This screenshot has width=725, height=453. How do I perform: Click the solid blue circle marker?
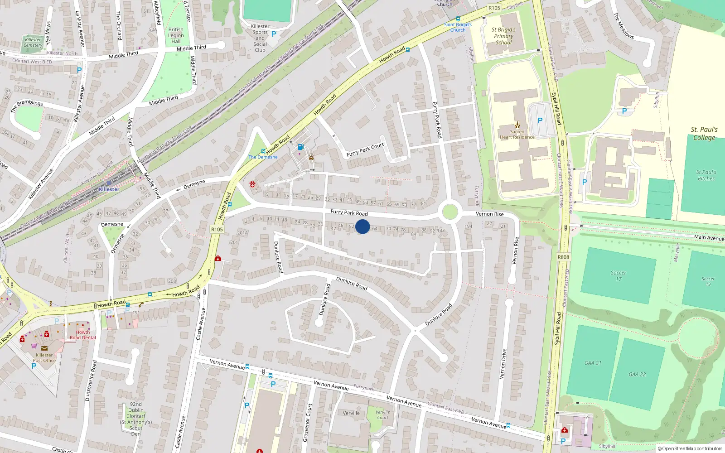[362, 226]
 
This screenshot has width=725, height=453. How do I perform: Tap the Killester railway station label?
[109, 189]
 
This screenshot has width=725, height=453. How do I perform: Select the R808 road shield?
[563, 257]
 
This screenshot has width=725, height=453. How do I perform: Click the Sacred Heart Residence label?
[517, 134]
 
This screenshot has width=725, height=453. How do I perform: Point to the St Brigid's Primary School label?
[503, 36]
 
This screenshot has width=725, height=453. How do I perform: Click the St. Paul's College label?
[704, 134]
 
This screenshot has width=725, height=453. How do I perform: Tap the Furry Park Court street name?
[365, 150]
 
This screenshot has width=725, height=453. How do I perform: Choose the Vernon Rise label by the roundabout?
[489, 214]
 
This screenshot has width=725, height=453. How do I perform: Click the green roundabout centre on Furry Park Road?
[449, 212]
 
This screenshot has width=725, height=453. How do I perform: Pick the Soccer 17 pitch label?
[618, 275]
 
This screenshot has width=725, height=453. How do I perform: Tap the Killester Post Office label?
[44, 358]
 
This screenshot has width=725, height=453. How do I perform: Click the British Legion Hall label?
[176, 35]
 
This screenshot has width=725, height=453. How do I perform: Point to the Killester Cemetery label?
[33, 43]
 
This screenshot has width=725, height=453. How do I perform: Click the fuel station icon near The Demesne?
[300, 147]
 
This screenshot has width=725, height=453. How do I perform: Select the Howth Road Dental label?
[82, 335]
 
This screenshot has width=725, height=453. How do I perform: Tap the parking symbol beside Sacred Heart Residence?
[540, 120]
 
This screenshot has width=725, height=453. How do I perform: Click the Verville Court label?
[382, 414]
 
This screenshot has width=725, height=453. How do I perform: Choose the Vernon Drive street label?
[503, 364]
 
